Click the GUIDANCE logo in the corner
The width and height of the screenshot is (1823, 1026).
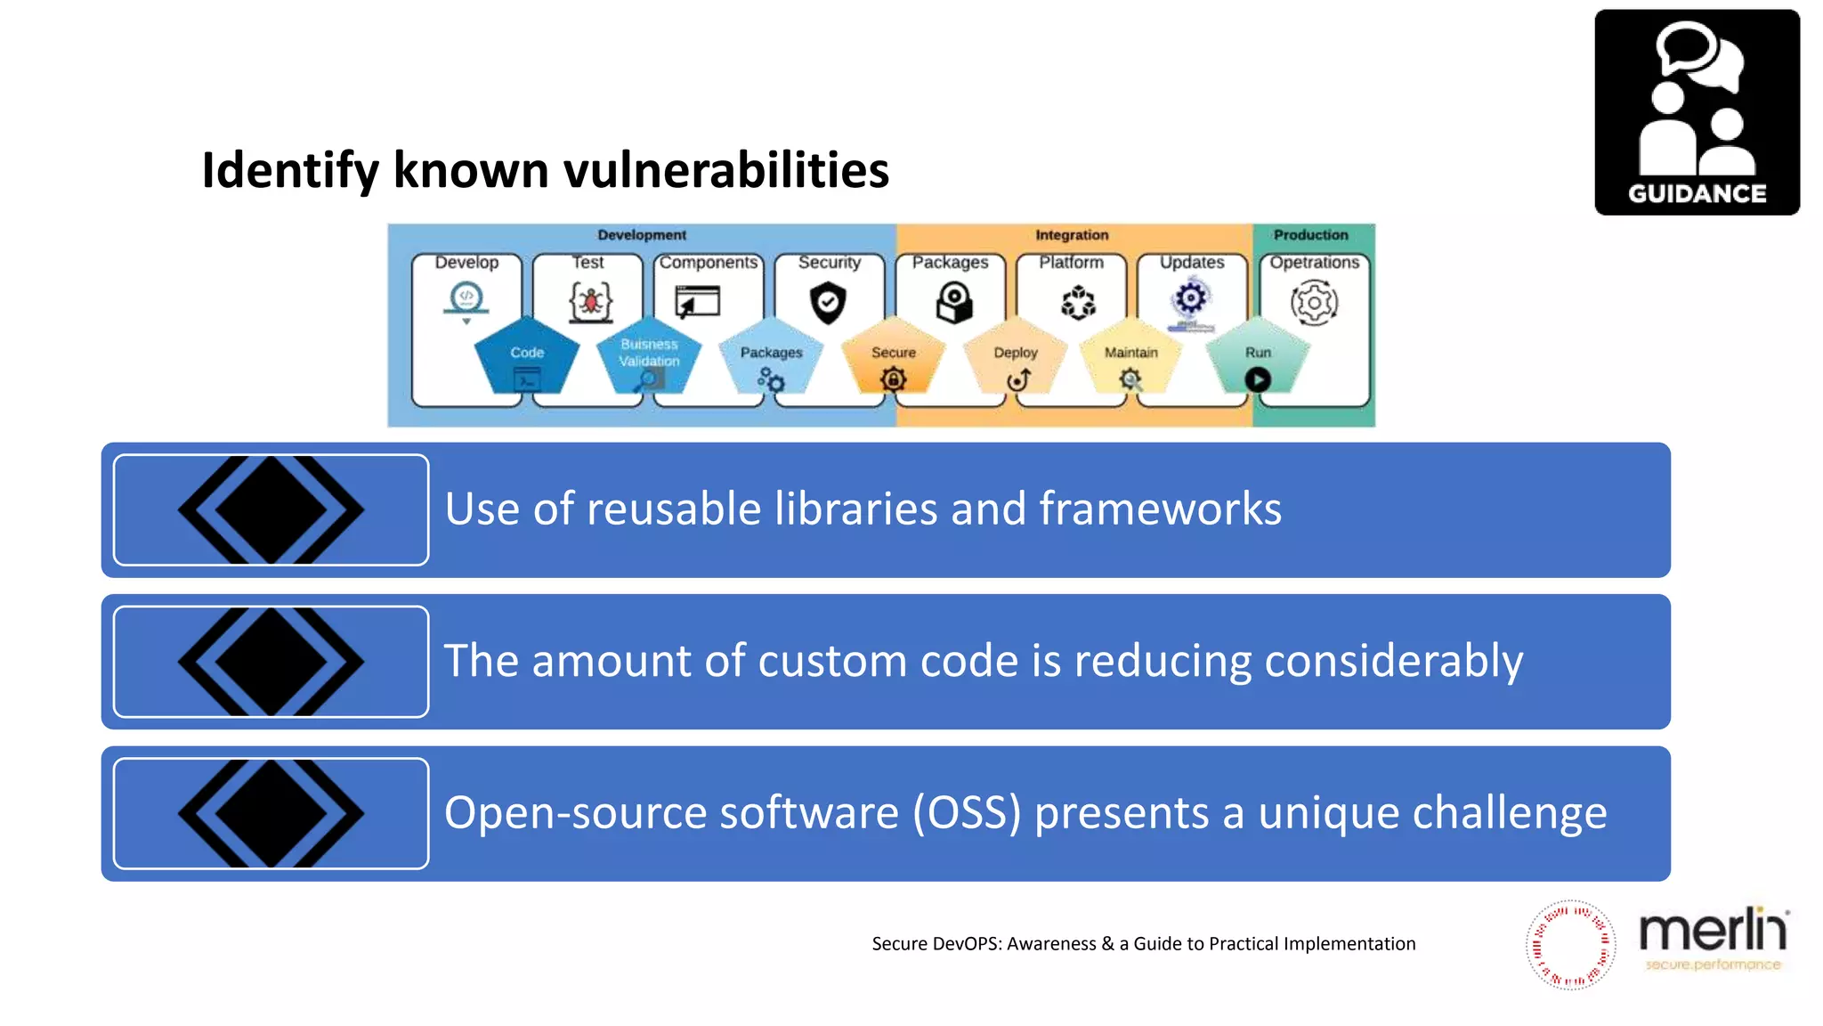1697,112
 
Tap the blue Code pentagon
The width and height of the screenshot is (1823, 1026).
526,356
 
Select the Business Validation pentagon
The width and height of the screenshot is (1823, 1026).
649,356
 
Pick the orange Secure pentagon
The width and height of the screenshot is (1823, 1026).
893,356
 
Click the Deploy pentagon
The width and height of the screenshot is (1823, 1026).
1016,356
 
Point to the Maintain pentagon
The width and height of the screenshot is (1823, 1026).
1130,356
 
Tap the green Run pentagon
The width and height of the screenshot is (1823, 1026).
1257,356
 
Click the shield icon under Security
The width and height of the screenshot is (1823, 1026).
828,303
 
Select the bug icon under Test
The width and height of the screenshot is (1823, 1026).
590,302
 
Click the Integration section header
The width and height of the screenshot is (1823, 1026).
1072,235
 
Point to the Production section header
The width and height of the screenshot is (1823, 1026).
1310,235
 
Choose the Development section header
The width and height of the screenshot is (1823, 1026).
642,235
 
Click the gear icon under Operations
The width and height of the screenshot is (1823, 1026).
1314,303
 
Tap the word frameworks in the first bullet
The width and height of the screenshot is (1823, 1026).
1160,509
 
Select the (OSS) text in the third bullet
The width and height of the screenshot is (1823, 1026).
967,813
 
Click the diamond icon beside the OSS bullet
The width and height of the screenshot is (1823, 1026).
271,813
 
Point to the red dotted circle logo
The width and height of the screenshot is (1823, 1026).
1570,944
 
